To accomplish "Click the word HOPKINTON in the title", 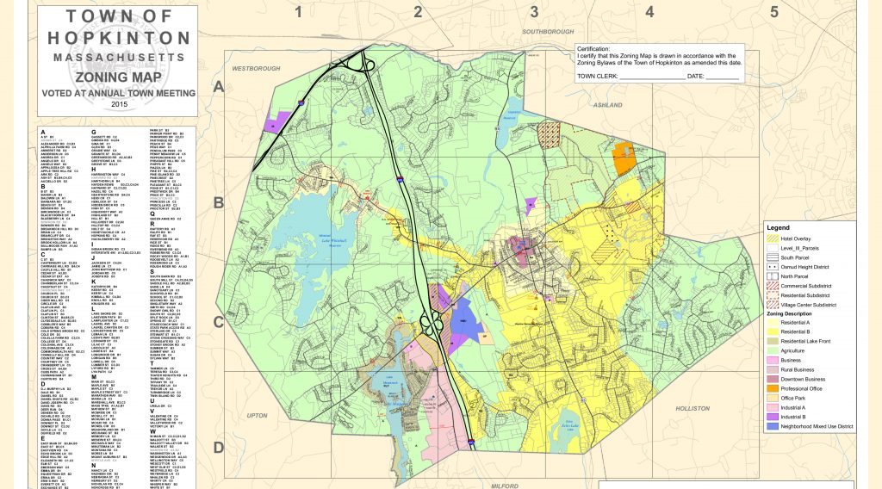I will point(120,38).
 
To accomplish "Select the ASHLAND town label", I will point(608,105).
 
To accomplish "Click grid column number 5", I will point(773,11).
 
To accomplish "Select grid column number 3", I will point(534,11).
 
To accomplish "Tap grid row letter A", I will point(219,87).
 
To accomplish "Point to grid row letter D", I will point(219,447).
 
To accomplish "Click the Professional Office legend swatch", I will point(773,387).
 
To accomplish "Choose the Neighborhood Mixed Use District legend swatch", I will point(773,426).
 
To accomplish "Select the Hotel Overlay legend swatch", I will point(773,238).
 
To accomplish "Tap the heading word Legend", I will point(779,226).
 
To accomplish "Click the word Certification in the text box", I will point(594,49).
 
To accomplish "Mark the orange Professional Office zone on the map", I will point(623,158).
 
